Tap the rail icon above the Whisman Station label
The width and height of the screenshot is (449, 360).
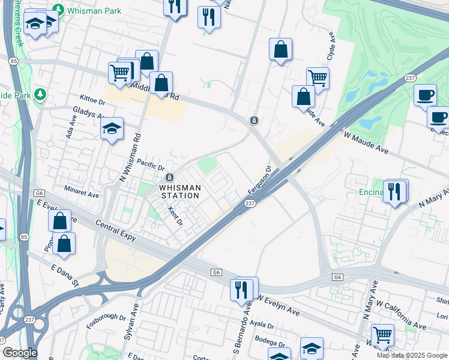170,178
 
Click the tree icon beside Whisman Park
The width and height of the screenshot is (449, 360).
58,10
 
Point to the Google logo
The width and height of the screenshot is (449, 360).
19,353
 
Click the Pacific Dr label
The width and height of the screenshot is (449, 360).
150,165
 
